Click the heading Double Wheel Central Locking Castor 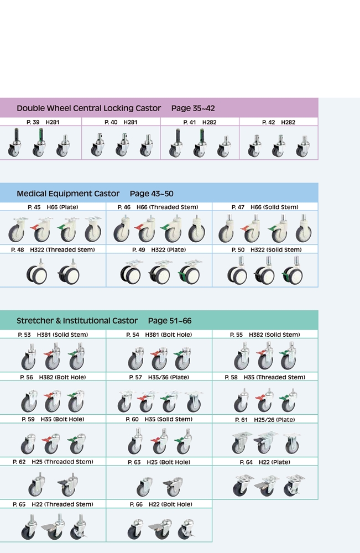point(89,108)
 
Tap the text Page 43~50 point(152,194)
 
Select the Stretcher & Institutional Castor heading point(77,321)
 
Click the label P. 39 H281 point(43,122)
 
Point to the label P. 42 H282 point(279,122)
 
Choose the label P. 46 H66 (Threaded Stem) point(158,207)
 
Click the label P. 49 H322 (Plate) point(159,250)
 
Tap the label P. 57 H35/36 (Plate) point(159,377)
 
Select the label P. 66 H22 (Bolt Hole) point(161,504)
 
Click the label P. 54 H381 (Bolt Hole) point(159,335)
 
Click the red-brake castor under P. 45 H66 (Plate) point(40,229)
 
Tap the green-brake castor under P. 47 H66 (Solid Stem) point(278,229)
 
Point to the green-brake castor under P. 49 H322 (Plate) point(189,271)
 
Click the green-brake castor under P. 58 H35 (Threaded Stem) point(289,400)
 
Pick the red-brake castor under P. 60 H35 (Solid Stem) point(159,441)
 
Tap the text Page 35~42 point(193,108)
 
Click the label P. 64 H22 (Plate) point(265,462)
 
